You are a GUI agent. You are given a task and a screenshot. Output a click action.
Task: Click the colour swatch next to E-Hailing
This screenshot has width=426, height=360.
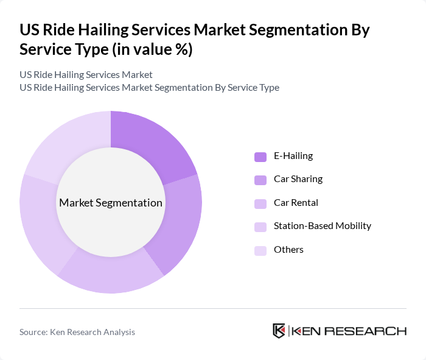coord(260,157)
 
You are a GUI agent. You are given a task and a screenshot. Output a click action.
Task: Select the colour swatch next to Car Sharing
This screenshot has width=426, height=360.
coord(260,180)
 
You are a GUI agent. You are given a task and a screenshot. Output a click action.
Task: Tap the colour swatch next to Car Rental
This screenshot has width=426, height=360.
coord(260,203)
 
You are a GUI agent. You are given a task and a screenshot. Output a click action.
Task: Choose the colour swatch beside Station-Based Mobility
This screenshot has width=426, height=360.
coord(260,227)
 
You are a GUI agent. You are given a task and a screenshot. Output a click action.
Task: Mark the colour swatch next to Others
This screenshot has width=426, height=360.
coord(260,250)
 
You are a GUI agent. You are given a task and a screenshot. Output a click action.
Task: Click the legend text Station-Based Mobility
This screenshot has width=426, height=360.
coord(322,226)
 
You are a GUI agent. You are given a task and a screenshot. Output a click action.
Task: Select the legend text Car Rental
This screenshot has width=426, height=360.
coord(296,203)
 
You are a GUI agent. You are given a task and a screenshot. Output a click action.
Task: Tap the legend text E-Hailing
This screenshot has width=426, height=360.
coord(293,156)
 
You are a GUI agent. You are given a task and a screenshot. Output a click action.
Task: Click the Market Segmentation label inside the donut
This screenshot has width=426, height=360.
coord(111,203)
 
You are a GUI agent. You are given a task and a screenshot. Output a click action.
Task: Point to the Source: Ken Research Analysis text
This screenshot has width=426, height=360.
coord(77,332)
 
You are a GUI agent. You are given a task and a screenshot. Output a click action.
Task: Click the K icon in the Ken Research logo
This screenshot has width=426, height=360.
coord(279,331)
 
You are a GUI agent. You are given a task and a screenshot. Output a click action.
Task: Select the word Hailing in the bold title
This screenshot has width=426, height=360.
coord(92,30)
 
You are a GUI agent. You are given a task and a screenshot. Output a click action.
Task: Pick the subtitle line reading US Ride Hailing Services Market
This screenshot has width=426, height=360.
coord(86,74)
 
